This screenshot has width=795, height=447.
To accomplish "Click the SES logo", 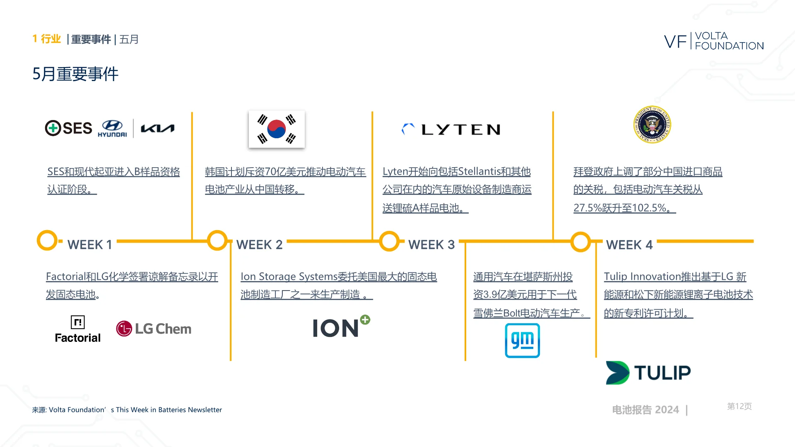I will (x=69, y=128).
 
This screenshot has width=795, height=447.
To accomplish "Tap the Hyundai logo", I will (x=112, y=128).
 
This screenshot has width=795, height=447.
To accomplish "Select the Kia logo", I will (x=158, y=129).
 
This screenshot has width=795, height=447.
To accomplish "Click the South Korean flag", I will (x=277, y=129).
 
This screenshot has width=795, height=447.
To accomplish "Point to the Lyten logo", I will (x=451, y=130).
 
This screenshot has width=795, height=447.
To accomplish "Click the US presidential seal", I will (x=652, y=125).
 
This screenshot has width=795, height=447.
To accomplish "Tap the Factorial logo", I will (x=78, y=329).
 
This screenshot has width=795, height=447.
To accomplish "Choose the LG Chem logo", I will (x=154, y=329).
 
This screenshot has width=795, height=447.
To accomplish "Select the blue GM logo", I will (x=522, y=341).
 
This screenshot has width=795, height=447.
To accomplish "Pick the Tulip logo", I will (x=648, y=372).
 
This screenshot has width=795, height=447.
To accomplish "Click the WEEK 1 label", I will (x=90, y=245).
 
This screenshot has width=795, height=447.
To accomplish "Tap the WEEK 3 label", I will (x=431, y=245).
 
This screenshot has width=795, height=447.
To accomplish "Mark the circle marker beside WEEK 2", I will (x=217, y=240).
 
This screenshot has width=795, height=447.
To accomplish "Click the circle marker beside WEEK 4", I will (x=581, y=242).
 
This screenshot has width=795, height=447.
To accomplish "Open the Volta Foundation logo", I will (x=714, y=41).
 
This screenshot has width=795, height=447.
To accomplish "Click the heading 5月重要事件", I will (x=75, y=74).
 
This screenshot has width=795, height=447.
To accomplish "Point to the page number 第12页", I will (x=739, y=406).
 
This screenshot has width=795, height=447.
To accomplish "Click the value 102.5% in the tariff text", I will (x=649, y=208).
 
